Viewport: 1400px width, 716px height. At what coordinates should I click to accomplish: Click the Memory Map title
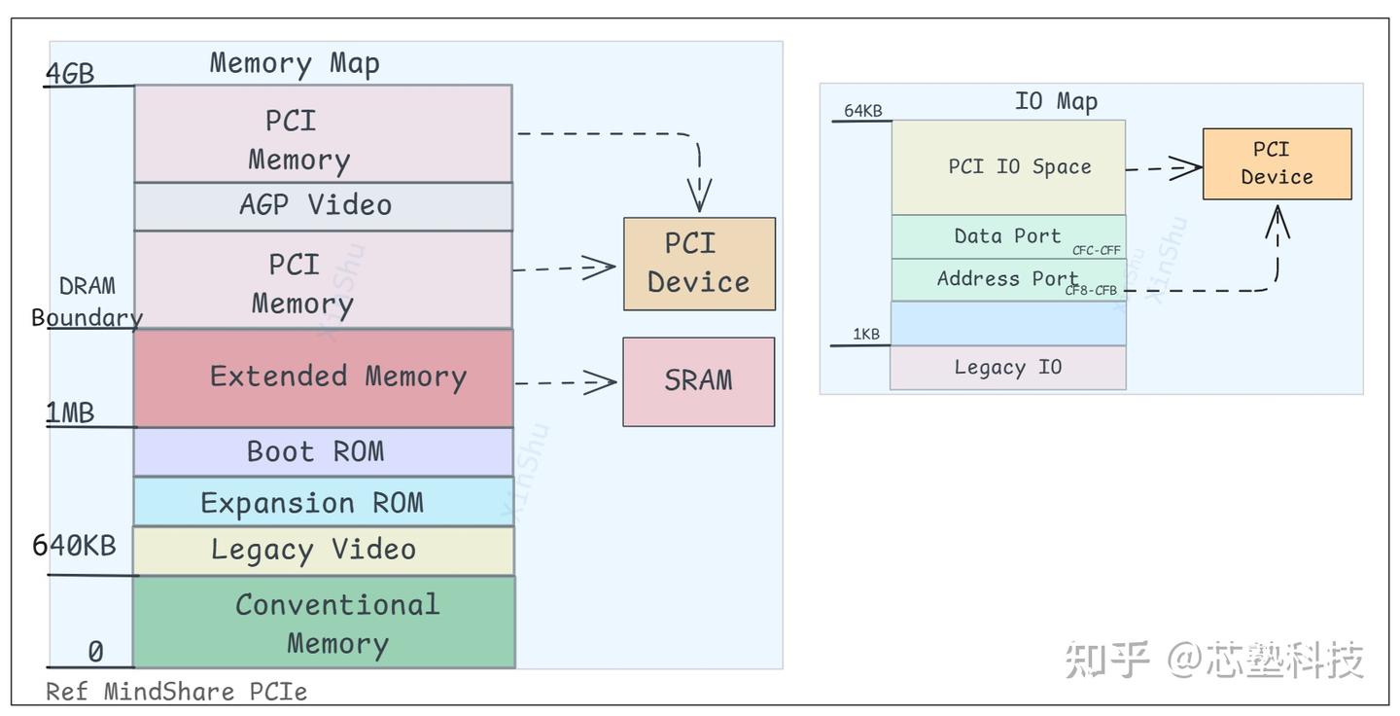click(x=295, y=64)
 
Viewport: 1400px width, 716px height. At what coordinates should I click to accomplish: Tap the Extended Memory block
click(x=323, y=377)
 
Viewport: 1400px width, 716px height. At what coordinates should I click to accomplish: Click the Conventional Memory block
click(x=325, y=623)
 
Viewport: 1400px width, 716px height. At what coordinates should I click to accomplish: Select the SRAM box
click(x=698, y=381)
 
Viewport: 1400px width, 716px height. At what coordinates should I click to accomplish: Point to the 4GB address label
click(x=71, y=73)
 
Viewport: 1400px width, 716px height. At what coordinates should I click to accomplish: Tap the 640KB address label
click(x=75, y=545)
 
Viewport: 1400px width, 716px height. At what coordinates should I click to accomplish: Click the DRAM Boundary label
click(x=87, y=302)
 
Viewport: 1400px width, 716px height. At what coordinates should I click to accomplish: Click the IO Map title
click(x=1056, y=102)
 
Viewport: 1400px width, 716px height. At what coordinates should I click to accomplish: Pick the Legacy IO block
click(x=1007, y=368)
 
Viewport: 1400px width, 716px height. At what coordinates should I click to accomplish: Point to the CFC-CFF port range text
click(x=1097, y=251)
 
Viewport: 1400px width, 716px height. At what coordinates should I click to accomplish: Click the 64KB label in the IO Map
click(x=862, y=111)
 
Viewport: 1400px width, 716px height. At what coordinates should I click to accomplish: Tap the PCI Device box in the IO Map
click(x=1277, y=163)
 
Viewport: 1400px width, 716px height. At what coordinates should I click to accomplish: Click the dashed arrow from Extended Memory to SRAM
click(x=566, y=382)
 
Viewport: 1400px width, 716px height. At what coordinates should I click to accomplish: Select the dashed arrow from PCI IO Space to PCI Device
click(x=1163, y=168)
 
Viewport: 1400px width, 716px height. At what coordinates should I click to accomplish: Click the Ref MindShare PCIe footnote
click(x=177, y=692)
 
